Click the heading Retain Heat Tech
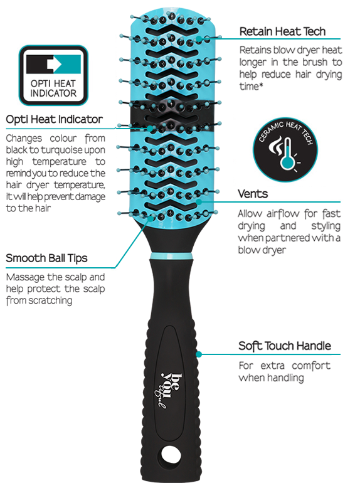[x=282, y=31]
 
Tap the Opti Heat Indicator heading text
[x=54, y=119]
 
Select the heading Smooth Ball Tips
[x=46, y=258]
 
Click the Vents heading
[x=253, y=194]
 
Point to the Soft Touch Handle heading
[x=285, y=346]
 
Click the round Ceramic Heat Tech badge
[x=285, y=150]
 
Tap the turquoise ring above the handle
[x=171, y=256]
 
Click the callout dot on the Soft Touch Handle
[x=199, y=354]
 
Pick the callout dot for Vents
[x=199, y=201]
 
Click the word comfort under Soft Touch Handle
[x=311, y=366]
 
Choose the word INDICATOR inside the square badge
[x=53, y=93]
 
